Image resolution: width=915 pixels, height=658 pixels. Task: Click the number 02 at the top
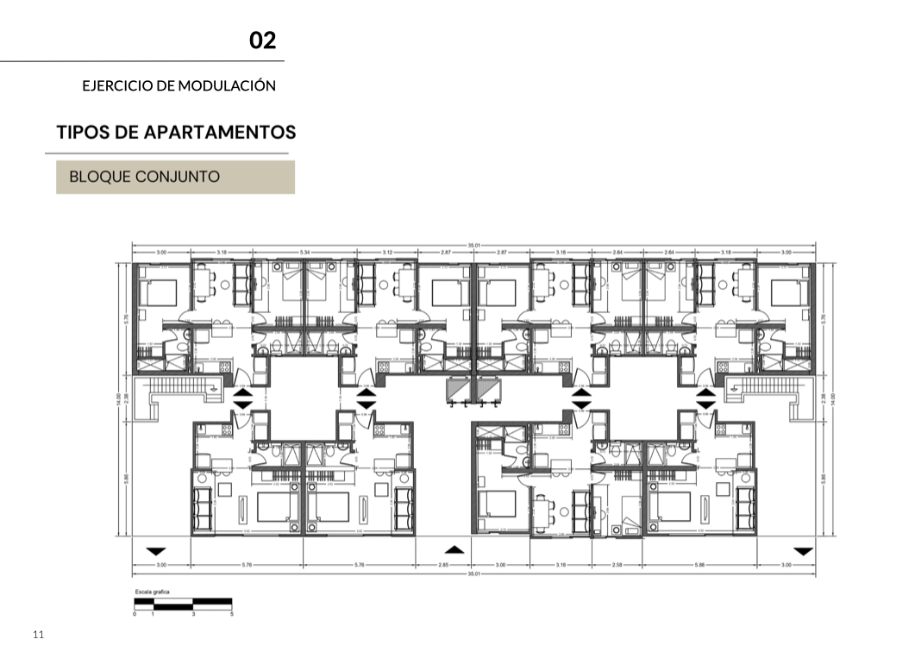(x=263, y=41)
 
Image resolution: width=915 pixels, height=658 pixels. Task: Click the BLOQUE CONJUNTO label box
(x=175, y=177)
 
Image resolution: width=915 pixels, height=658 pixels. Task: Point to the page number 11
(x=38, y=635)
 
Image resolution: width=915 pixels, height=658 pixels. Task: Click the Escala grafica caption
(x=152, y=592)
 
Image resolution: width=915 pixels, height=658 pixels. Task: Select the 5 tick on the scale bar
(x=231, y=613)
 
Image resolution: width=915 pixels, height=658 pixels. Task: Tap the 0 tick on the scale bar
(x=135, y=613)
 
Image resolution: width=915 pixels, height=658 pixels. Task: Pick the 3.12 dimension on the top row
(x=386, y=253)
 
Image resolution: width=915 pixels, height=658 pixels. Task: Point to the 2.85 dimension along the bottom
(x=443, y=566)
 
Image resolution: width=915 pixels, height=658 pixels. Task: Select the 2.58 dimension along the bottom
(x=617, y=566)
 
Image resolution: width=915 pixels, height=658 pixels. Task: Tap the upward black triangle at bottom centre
(x=455, y=549)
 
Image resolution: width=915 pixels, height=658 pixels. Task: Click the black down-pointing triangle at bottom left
(x=156, y=550)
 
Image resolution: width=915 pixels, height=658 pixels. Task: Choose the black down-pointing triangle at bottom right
(x=803, y=550)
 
